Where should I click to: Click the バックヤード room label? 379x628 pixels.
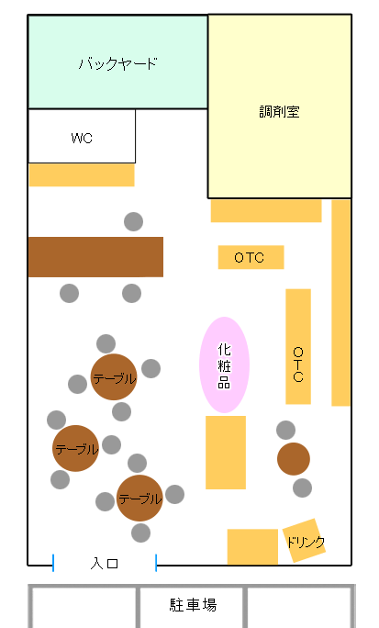(x=117, y=63)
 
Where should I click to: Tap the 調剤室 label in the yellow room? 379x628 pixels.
(x=279, y=111)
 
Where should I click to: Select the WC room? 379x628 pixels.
(x=82, y=136)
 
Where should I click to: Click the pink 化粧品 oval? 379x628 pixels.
(x=224, y=364)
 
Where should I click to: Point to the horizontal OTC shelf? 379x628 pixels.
(x=251, y=257)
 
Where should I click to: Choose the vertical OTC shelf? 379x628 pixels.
(x=298, y=346)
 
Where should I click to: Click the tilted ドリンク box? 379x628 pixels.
(x=304, y=541)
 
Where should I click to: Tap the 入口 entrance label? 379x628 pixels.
(x=104, y=564)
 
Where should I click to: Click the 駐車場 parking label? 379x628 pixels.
(x=193, y=605)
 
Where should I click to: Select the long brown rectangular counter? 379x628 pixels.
(x=95, y=257)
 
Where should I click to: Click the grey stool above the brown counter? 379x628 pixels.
(x=133, y=221)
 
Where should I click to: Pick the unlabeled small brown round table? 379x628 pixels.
(x=294, y=459)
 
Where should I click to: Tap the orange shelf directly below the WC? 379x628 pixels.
(x=82, y=175)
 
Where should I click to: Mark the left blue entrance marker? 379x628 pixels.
(x=53, y=563)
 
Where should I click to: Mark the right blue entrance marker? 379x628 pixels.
(x=156, y=563)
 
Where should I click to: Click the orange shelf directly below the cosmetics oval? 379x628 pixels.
(x=226, y=453)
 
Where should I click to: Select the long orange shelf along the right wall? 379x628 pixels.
(x=341, y=303)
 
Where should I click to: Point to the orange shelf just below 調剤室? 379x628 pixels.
(x=266, y=211)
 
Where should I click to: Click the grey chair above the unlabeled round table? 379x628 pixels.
(x=285, y=431)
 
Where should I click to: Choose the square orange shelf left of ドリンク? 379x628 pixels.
(x=252, y=546)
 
